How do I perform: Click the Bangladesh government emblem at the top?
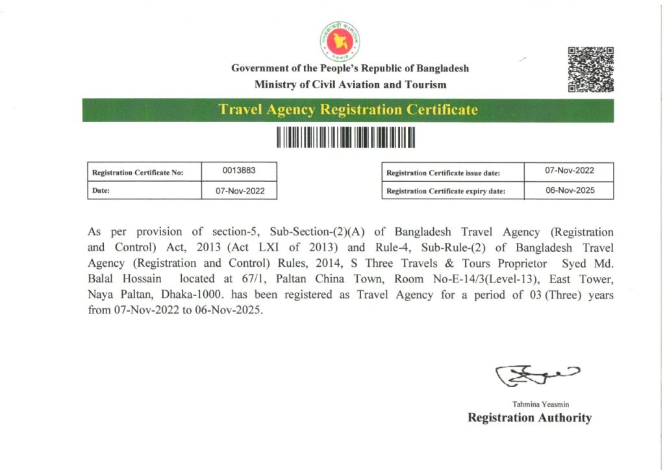340,40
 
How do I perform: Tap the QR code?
590,69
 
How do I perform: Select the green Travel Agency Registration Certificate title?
348,110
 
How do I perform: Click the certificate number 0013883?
240,171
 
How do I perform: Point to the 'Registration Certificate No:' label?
138,173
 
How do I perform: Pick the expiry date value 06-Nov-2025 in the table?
570,190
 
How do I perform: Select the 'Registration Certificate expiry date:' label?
445,192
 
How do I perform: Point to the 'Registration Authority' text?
529,418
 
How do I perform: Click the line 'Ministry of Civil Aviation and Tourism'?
351,84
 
